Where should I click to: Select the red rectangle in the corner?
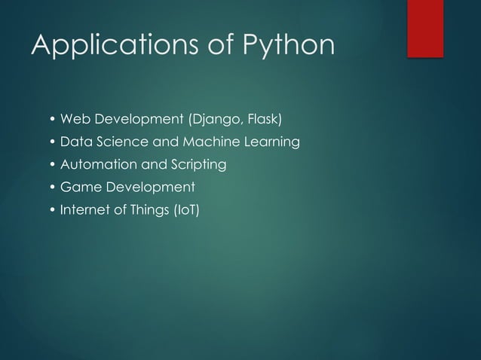[x=425, y=28]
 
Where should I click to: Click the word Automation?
[x=96, y=164]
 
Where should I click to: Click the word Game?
[x=77, y=187]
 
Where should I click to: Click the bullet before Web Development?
[x=52, y=120]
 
